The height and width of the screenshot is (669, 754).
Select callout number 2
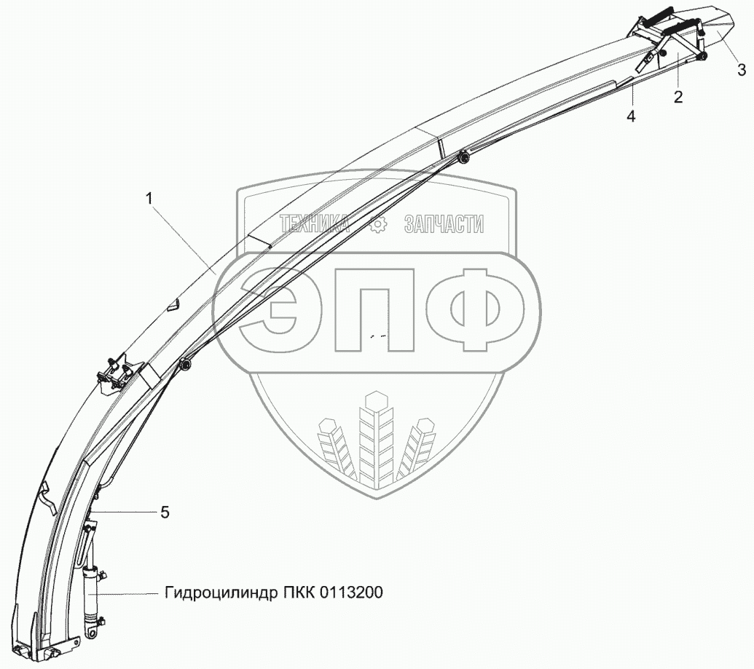click(678, 97)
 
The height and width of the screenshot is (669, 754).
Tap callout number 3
click(742, 70)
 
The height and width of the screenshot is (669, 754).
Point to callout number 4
click(631, 116)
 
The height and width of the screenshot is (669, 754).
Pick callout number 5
click(165, 512)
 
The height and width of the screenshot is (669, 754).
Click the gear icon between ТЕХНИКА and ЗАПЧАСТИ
click(377, 225)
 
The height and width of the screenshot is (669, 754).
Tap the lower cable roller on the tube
click(186, 363)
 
